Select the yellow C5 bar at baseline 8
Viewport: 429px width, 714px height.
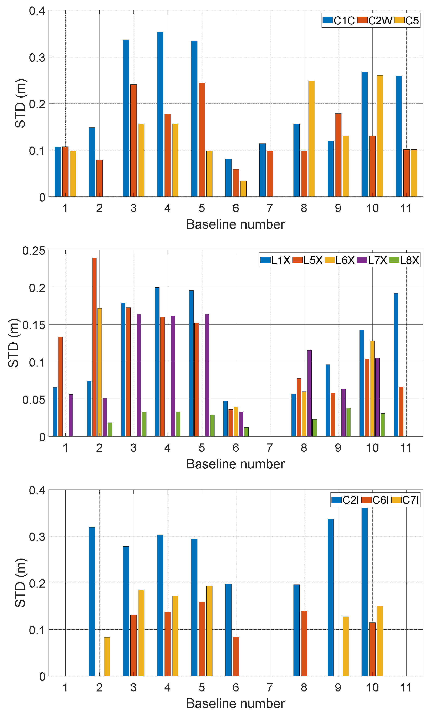(311, 139)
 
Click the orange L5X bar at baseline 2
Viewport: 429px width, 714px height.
(94, 347)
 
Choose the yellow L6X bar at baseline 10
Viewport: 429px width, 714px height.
(372, 388)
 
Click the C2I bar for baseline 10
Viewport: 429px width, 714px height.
(365, 592)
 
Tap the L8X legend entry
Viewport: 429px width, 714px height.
(404, 260)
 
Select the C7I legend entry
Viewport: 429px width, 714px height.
(405, 500)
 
